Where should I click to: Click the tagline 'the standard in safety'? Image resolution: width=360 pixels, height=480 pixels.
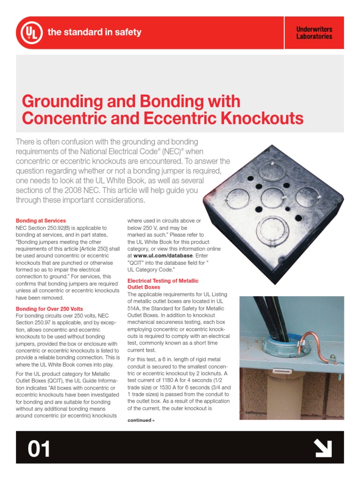point(94,32)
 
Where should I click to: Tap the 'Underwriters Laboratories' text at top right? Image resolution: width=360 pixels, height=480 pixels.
point(314,33)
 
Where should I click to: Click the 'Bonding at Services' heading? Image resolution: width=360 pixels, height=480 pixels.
point(41,220)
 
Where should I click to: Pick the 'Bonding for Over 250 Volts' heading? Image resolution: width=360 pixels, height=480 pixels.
point(49,309)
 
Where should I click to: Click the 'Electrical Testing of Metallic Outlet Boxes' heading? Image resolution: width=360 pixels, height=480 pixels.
point(163,284)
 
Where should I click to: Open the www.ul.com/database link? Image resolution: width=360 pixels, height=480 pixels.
point(163,255)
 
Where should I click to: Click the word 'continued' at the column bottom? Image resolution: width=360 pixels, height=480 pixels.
point(139,420)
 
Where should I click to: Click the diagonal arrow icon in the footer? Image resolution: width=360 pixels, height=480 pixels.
point(323,449)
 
